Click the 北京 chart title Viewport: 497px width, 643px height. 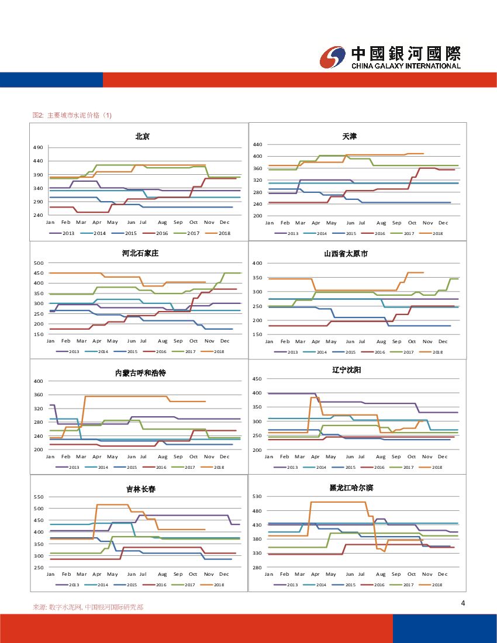tap(142, 137)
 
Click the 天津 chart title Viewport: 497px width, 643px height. tap(350, 136)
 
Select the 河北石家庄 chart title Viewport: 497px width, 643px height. tap(140, 254)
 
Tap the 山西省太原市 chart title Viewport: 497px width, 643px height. tap(346, 254)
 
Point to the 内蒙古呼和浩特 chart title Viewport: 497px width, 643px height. tap(140, 373)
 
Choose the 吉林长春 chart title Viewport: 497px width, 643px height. tap(141, 489)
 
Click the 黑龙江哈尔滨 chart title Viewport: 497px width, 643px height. tap(349, 487)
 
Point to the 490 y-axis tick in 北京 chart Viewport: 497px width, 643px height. tap(38, 147)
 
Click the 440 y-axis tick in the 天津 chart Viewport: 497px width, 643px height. tap(257, 144)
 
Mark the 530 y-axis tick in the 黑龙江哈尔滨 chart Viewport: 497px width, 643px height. tap(257, 496)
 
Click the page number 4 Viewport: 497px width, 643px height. tap(463, 604)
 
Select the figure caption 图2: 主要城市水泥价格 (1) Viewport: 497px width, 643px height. tap(72, 115)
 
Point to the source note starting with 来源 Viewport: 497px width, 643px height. tap(88, 607)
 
